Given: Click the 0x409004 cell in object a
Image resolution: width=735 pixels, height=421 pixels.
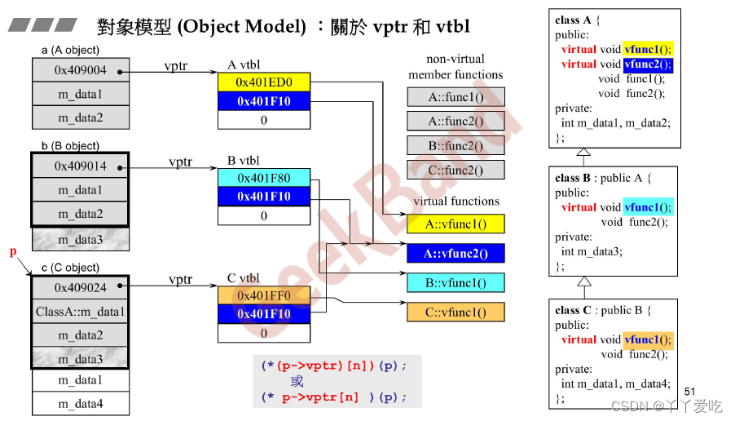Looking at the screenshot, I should click(81, 71).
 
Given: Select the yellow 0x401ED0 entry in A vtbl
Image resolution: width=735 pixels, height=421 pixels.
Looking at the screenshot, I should click(264, 82).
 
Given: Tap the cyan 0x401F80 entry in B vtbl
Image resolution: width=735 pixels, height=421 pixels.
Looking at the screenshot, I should click(264, 178).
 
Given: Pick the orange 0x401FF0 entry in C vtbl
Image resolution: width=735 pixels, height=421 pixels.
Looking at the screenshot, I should click(264, 296).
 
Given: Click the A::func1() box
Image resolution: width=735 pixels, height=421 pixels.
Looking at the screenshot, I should click(456, 97).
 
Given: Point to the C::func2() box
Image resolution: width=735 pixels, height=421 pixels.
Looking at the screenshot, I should click(456, 171).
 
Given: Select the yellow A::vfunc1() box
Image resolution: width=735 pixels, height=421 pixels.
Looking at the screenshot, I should click(456, 224).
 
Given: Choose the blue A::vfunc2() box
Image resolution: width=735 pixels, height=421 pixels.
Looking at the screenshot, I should click(456, 254).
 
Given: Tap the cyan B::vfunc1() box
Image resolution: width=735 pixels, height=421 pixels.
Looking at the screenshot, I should click(456, 283).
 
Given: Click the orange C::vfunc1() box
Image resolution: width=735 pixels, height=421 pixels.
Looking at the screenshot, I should click(456, 312).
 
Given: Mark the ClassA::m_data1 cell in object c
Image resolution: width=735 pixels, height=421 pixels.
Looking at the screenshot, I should click(81, 312).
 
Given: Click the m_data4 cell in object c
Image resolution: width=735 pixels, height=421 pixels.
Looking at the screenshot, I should click(81, 403).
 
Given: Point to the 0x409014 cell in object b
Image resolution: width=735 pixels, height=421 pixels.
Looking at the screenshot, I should click(81, 166).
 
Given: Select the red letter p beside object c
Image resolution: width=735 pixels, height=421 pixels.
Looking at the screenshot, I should click(13, 253).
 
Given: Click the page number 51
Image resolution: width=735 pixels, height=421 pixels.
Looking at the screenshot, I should click(690, 392).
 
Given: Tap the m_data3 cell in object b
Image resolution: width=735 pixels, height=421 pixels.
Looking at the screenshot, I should click(81, 239).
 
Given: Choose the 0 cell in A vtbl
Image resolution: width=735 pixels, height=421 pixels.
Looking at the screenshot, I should click(264, 120).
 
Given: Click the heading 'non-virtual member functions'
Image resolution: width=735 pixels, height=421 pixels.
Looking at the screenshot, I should click(456, 67).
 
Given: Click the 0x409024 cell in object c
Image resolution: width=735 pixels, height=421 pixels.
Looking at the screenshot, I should click(81, 287).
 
